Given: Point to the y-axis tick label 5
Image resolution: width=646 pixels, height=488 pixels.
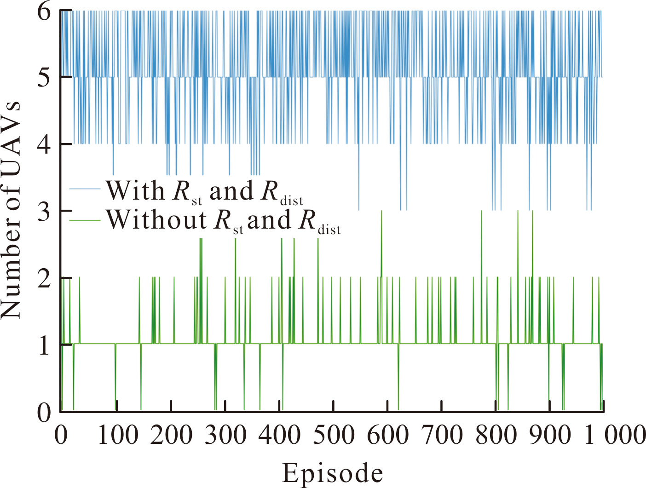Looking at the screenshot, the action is coord(45,78).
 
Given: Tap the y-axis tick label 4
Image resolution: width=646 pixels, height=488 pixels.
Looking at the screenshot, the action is coord(45,144).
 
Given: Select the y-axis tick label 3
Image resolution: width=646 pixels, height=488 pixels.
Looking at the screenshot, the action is coord(45,211).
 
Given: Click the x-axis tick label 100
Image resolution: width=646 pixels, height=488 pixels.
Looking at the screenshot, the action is coord(118,435).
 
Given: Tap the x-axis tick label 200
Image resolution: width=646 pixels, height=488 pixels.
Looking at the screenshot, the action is coord(172,435).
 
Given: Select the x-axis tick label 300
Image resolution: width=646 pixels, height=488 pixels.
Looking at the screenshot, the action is coord(225,435).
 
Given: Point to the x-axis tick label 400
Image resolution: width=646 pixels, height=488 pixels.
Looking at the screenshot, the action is coord(280,435).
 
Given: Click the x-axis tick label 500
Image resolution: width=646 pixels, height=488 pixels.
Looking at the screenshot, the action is coord(334,435).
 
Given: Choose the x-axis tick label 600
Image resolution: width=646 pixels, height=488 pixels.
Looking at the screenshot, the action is coord(388,435).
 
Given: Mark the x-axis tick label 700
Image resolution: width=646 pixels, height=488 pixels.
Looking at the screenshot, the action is coord(442,435).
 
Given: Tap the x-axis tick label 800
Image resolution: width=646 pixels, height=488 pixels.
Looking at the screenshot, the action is coord(496,435).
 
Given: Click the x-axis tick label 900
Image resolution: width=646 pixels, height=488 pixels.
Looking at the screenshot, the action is coord(550,435).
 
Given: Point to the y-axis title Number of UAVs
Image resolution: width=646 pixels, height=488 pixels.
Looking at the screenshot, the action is coord(11,210).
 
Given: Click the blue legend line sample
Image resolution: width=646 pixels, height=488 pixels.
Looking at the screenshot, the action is coord(85,189).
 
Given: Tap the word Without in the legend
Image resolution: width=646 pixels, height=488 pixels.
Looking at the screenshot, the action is coord(156,220).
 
